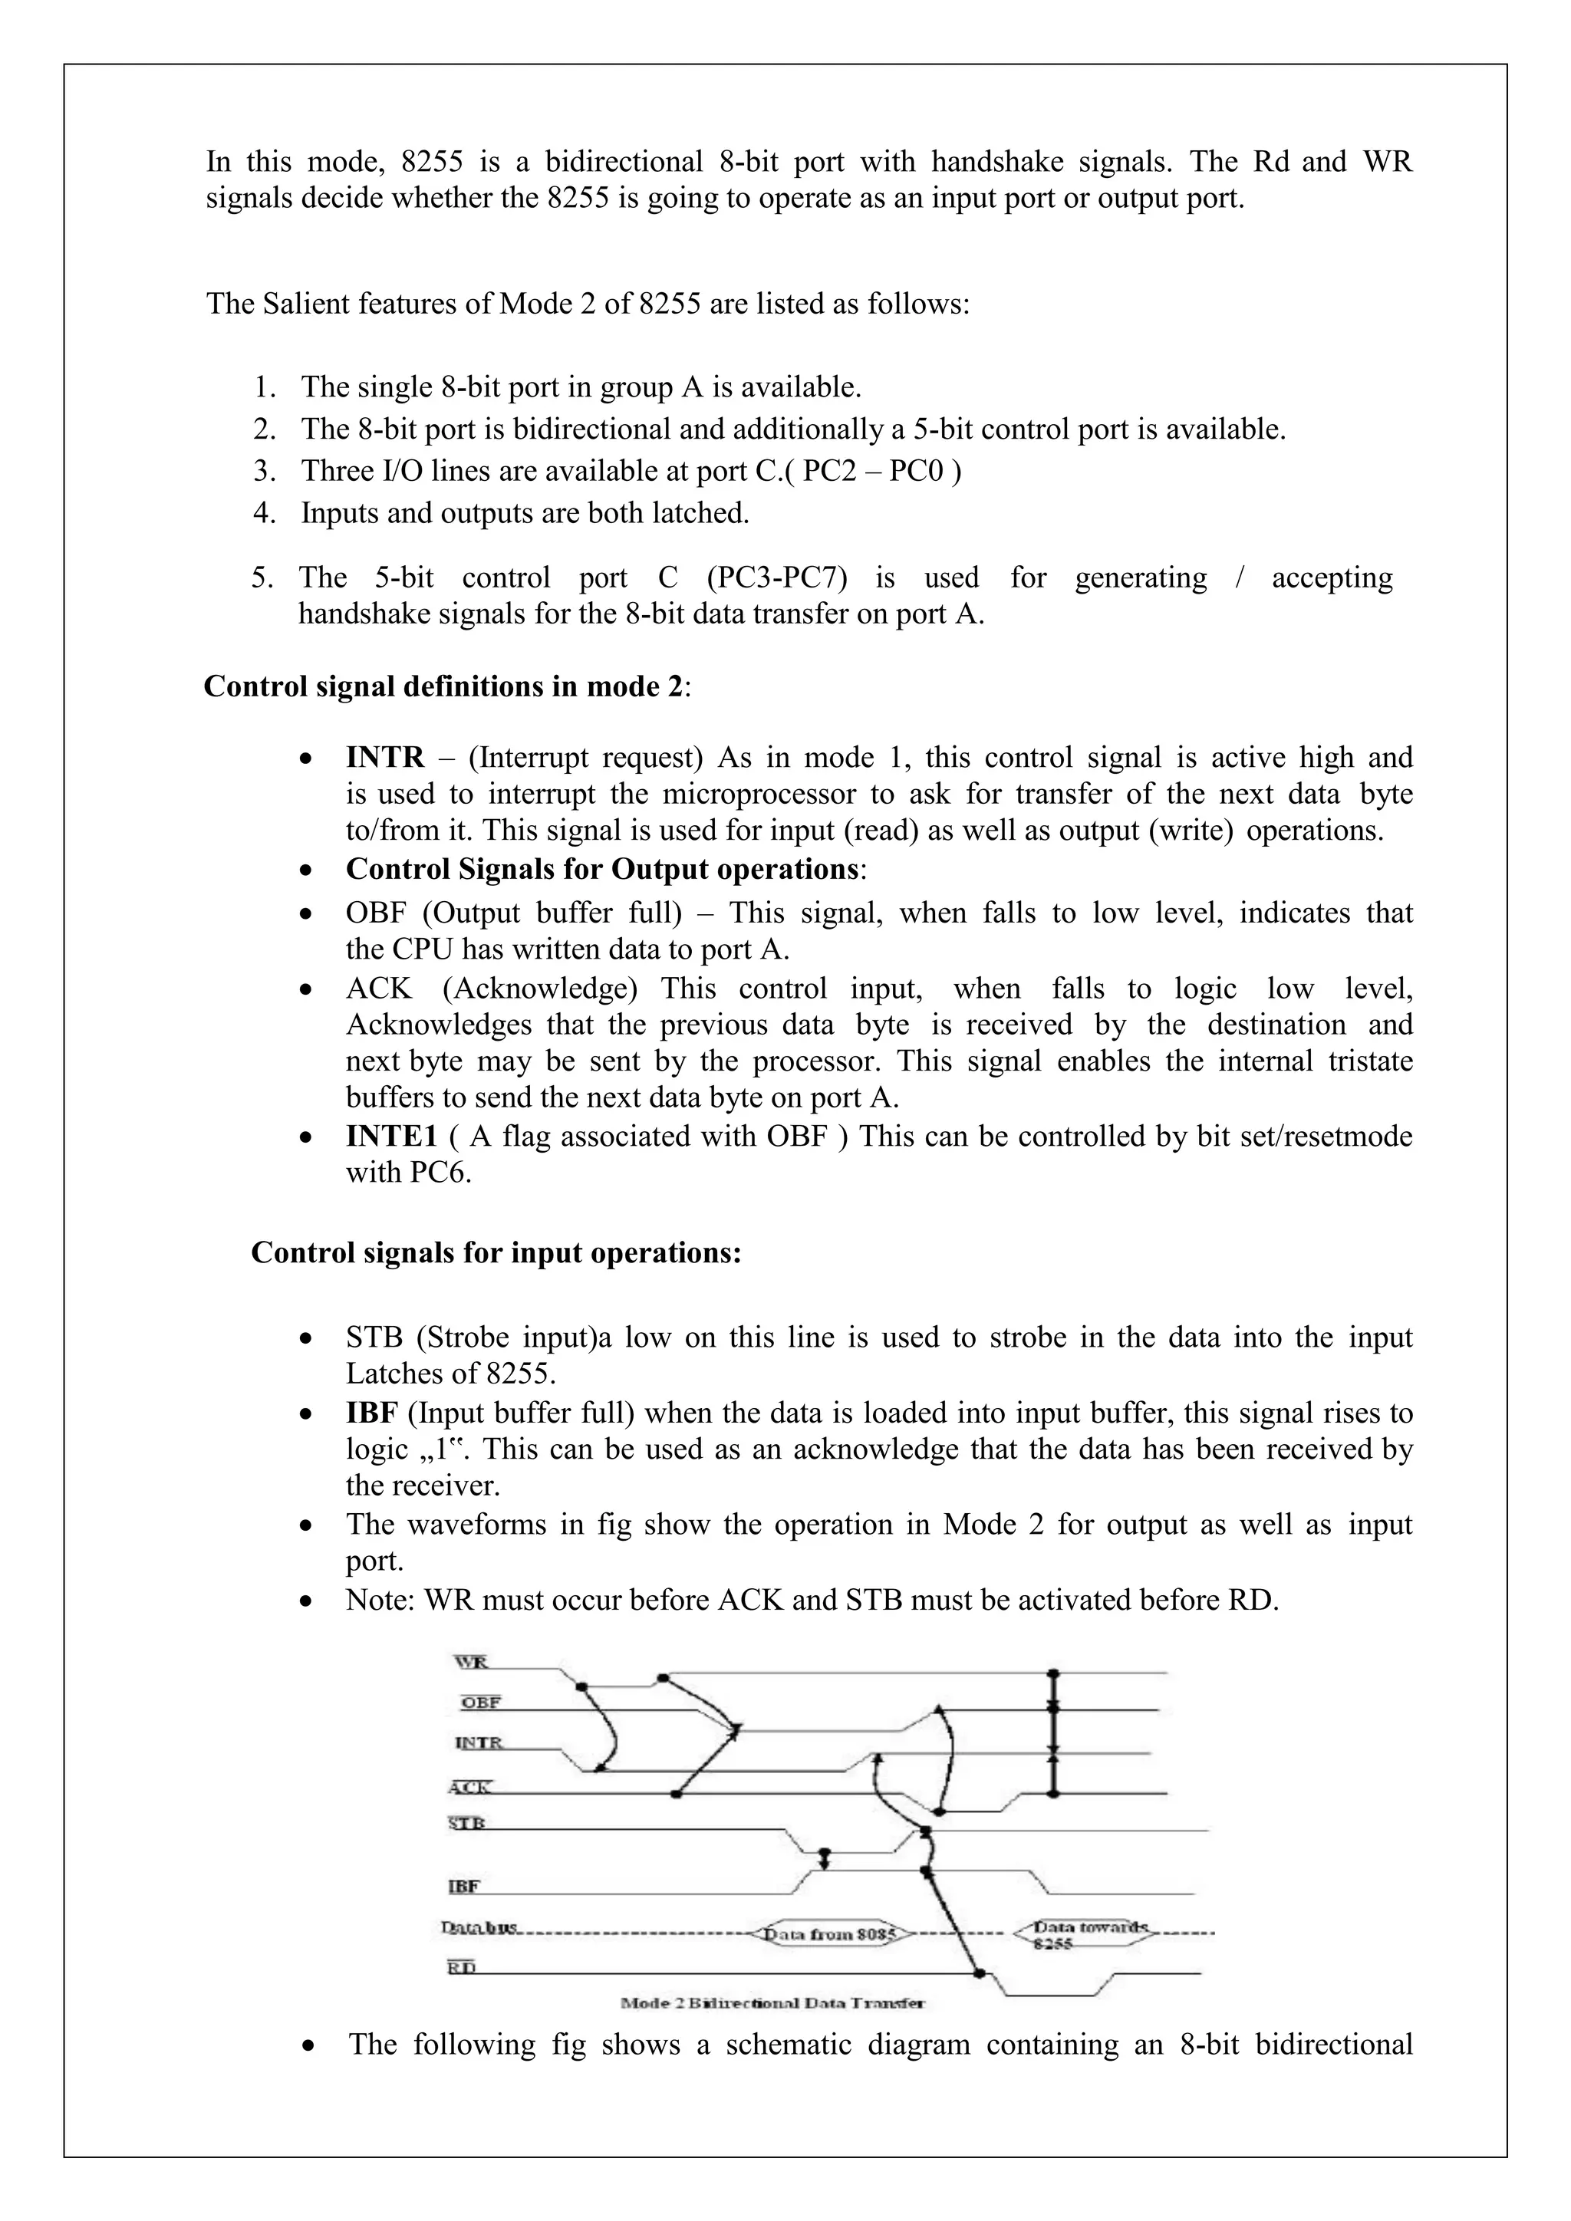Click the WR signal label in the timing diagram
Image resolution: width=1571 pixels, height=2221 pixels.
click(471, 1663)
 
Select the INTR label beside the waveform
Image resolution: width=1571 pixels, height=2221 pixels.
click(478, 1743)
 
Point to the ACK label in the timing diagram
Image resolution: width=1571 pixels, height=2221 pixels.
click(470, 1788)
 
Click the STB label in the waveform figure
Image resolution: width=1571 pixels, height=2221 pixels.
click(466, 1824)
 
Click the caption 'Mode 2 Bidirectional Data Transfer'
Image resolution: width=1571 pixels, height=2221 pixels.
click(771, 2002)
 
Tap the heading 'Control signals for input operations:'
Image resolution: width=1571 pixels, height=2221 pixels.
click(496, 1252)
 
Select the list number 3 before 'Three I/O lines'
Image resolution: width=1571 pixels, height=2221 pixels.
click(263, 471)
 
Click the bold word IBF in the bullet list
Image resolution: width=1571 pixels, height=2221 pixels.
click(371, 1413)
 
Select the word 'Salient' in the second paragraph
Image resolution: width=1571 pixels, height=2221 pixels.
click(304, 304)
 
